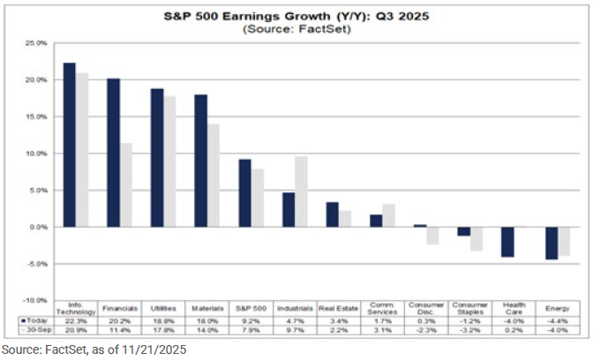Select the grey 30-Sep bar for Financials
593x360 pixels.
[x=126, y=184]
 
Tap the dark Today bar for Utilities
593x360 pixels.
[x=156, y=157]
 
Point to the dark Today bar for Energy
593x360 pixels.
[x=552, y=243]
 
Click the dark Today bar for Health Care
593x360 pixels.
[x=508, y=242]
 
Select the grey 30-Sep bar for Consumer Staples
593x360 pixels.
[x=477, y=238]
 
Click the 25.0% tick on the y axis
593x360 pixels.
[x=36, y=42]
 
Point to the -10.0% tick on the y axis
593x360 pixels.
[x=36, y=300]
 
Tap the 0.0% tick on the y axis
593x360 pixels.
[x=38, y=227]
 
